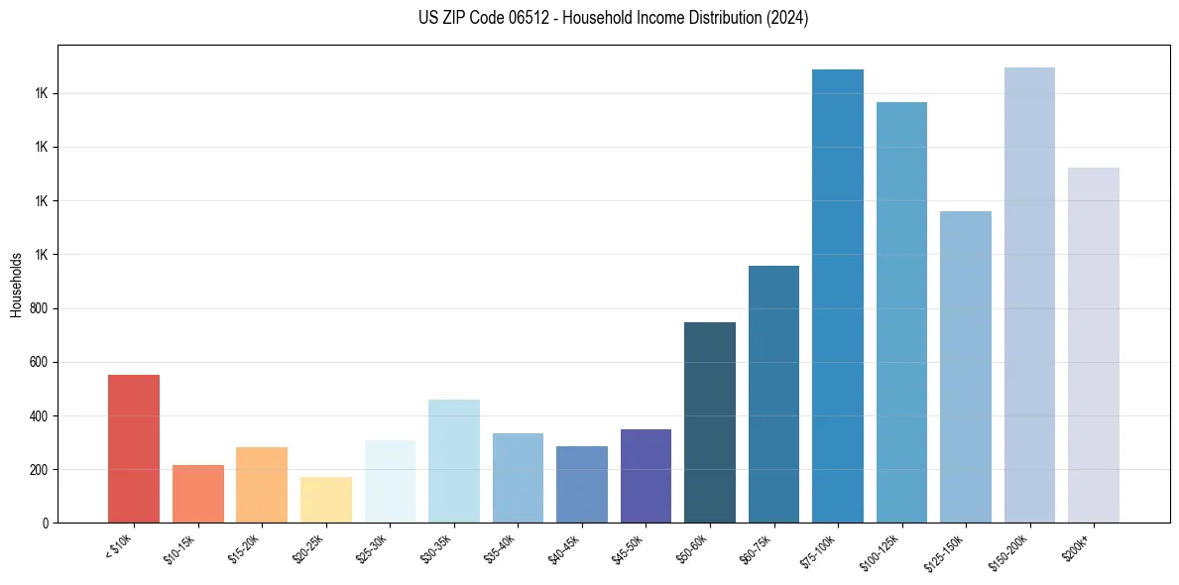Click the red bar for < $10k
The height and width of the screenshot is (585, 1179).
tap(134, 448)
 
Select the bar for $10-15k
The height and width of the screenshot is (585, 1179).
tap(197, 494)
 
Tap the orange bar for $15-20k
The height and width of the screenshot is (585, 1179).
tap(262, 485)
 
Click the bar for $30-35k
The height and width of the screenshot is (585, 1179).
tap(454, 461)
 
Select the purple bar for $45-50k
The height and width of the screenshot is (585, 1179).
tap(646, 476)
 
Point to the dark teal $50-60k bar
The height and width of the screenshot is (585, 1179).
tap(710, 422)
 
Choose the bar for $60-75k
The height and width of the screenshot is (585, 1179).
tap(773, 394)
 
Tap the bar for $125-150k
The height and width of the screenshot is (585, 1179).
tap(966, 367)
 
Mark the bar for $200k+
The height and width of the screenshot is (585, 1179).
tap(1094, 345)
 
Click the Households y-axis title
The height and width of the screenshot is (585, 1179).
tap(16, 285)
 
